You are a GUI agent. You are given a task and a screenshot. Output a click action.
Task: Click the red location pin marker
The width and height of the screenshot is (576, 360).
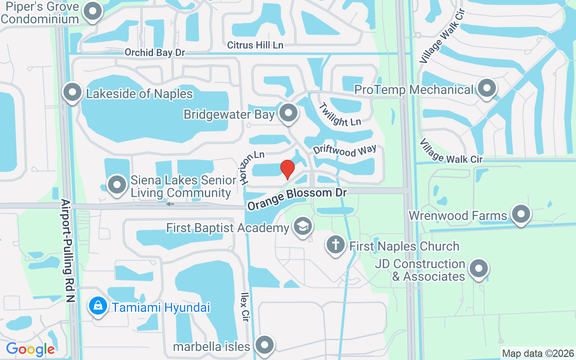pos(288,169)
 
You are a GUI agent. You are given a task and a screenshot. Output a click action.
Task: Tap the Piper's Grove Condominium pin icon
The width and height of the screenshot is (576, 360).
pos(93,12)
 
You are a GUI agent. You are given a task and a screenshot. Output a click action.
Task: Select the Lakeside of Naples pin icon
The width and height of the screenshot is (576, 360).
pos(72,93)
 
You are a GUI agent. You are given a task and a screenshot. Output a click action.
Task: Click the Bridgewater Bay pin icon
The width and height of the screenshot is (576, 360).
pos(288,114)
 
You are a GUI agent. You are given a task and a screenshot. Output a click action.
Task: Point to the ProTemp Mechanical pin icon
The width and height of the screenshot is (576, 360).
pos(486,89)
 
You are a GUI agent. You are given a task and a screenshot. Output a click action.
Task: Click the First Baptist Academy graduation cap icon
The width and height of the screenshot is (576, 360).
pos(303,227)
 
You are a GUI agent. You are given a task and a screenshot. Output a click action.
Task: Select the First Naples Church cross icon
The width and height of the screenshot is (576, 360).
pos(336,246)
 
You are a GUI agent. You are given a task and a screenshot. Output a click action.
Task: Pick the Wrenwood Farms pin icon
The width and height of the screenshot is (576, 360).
pos(521,215)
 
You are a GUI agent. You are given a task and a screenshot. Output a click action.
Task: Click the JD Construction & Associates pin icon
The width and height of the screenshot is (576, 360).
pos(479,269)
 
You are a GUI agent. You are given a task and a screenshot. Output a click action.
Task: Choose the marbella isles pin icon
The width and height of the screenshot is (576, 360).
pos(265,346)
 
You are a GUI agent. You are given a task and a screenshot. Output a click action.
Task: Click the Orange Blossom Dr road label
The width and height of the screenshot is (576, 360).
pos(297,198)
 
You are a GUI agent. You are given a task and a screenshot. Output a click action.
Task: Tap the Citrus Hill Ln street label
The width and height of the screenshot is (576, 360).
pos(255,45)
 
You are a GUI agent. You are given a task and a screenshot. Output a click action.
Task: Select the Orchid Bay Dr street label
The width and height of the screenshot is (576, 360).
pos(155,53)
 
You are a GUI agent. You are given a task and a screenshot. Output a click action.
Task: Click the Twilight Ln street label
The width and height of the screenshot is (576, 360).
pos(340,114)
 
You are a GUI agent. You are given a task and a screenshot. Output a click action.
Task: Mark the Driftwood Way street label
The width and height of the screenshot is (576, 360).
pos(345,151)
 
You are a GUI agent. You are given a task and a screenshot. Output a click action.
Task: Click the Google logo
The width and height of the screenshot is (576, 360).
pos(31,349)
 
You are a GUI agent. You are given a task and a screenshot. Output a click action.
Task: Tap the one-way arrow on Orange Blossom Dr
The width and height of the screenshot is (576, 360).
pos(170,204)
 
